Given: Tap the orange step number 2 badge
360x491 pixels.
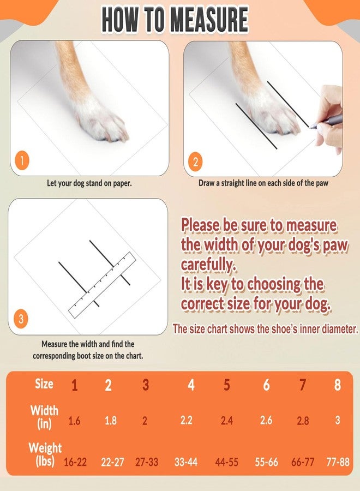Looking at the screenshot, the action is point(196,162).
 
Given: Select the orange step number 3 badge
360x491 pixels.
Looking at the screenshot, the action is point(21,319).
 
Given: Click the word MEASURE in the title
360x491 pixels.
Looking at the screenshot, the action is point(209,20).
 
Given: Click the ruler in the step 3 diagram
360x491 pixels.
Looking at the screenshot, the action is point(103,285).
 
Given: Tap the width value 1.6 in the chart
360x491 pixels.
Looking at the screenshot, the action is point(74,421).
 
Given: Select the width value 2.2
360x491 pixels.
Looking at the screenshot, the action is point(186,420).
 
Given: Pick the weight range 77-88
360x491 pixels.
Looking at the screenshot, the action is point(338,462).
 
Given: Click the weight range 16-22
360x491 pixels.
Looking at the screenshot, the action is point(75,462).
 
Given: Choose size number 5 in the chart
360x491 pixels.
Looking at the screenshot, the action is point(227,385).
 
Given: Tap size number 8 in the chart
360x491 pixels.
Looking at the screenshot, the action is point(337,385).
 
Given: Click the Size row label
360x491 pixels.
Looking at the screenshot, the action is point(44,384).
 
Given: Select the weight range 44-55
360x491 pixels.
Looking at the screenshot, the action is point(227,462).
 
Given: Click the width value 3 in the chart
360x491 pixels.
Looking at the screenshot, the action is point(338,420).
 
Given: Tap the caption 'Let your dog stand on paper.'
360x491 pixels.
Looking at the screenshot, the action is point(89,183).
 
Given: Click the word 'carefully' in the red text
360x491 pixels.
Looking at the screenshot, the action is point(208,265).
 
